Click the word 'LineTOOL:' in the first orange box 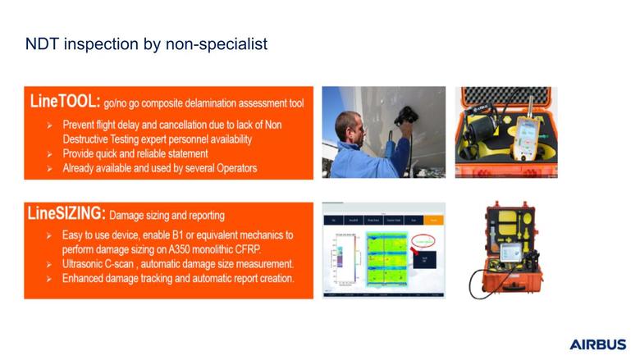[x=65, y=103]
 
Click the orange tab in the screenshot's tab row [x=434, y=220]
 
